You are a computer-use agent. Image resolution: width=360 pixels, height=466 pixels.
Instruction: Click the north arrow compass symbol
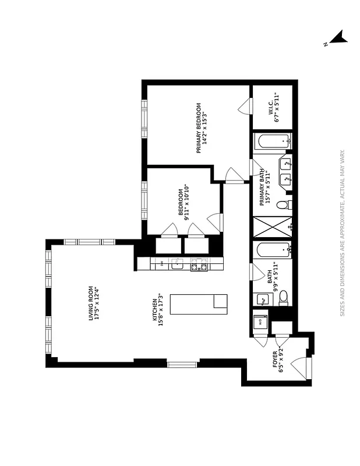(337, 40)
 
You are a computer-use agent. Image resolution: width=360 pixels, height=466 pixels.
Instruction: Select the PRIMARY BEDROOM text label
(201, 128)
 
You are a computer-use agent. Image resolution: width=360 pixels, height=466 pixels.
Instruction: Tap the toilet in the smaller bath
(283, 299)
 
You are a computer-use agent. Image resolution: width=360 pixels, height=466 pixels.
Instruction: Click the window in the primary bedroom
(144, 121)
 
